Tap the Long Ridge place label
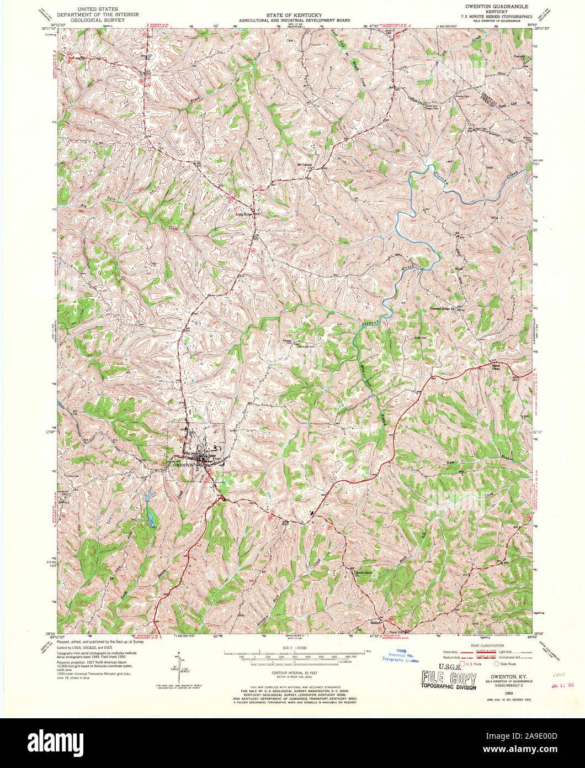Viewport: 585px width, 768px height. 245,214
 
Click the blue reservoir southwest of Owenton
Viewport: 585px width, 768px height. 150,514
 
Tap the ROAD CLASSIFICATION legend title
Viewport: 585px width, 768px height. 488,645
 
